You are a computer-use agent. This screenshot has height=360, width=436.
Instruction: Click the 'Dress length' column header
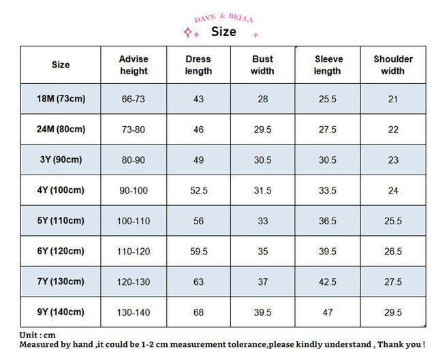pos(198,65)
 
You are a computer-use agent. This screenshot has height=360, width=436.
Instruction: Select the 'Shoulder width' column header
pos(393,65)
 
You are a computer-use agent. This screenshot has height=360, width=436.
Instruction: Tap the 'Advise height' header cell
pos(134,65)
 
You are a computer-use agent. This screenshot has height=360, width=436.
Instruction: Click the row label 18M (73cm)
pos(61,99)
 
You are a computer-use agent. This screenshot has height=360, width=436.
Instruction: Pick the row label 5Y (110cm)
pos(61,221)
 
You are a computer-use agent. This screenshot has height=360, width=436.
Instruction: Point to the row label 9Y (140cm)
pos(61,312)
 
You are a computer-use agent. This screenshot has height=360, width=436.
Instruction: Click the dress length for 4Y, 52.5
pos(198,191)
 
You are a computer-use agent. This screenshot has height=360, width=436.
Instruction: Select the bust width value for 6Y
pos(263,252)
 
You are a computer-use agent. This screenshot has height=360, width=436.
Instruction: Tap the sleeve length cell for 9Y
pos(328,312)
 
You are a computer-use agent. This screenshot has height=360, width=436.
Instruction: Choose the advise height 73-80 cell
pos(134,130)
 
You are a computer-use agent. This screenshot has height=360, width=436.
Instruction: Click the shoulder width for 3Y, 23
pos(393,160)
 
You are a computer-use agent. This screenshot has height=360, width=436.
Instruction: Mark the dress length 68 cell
pos(198,312)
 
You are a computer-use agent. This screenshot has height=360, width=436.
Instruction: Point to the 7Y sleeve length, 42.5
pos(328,282)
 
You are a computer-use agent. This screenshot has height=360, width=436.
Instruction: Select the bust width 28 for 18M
pos(263,99)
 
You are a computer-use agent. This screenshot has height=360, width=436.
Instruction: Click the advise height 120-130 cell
pos(134,282)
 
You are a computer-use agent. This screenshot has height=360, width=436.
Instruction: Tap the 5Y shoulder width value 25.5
pos(393,221)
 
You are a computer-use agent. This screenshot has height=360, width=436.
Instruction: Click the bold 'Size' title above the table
pos(223,31)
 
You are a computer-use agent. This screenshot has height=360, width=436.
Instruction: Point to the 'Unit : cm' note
pos(37,335)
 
